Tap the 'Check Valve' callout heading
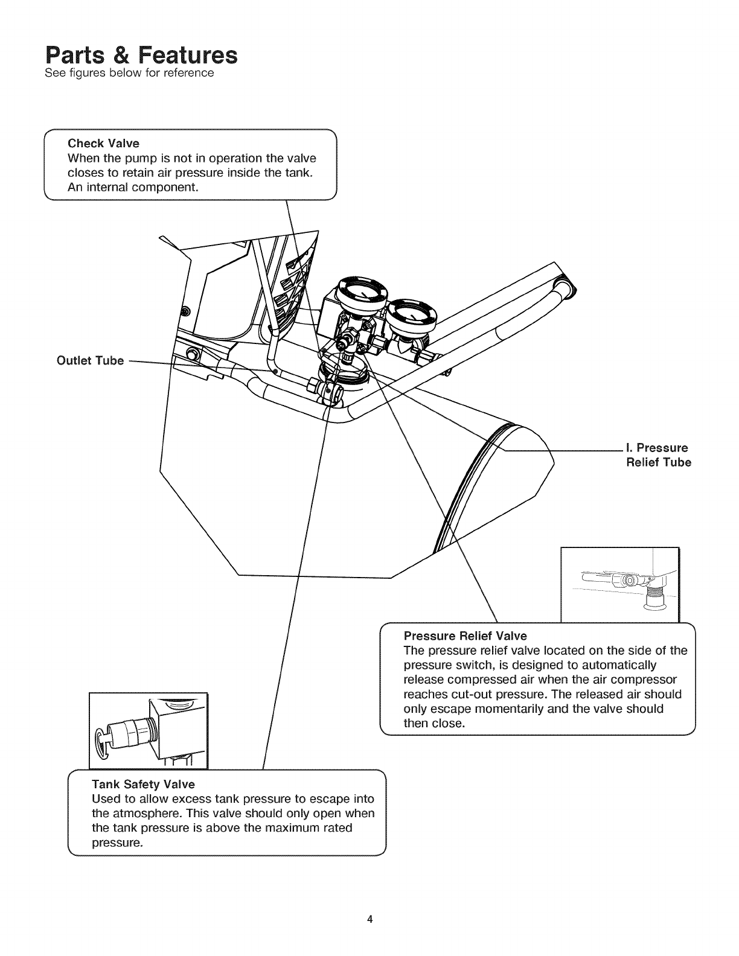(103, 143)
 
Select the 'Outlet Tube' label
(90, 360)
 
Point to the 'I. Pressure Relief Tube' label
(657, 455)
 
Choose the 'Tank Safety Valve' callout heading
(143, 784)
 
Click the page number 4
(369, 920)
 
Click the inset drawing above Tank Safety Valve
(148, 731)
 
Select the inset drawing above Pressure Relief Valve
(620, 584)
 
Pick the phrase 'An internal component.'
(133, 187)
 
